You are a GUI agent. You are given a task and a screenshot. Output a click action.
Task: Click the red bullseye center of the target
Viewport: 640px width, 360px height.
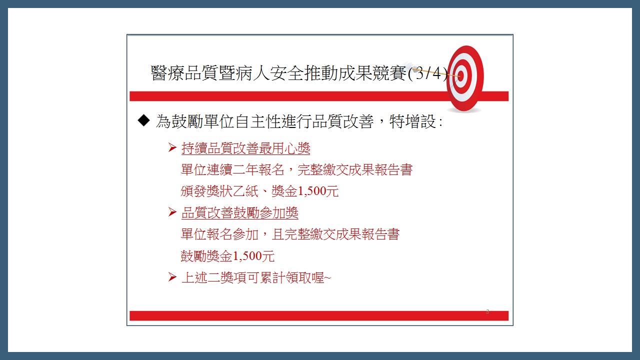(x=460, y=76)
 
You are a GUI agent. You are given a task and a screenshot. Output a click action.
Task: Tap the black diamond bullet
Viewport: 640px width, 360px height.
(x=143, y=120)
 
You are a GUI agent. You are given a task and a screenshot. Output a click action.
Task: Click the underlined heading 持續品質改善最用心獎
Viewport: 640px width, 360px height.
(x=245, y=148)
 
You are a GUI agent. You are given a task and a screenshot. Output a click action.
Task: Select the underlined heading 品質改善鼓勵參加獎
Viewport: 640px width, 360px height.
(x=239, y=213)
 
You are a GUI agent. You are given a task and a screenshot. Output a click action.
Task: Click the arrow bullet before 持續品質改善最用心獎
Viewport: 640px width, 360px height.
(x=172, y=147)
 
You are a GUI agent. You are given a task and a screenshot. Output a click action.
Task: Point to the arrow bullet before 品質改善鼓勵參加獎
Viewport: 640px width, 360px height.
(x=172, y=212)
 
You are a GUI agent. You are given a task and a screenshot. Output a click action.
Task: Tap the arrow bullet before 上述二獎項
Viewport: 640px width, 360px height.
(x=172, y=277)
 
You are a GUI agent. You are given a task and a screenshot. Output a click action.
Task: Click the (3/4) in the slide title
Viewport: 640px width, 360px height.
(x=427, y=73)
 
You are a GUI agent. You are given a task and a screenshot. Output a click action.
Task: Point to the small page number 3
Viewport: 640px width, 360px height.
(x=487, y=311)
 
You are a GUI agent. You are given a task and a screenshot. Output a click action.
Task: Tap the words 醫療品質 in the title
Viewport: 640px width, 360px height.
(x=184, y=73)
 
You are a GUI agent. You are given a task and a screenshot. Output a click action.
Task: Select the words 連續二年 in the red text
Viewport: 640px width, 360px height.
(x=233, y=169)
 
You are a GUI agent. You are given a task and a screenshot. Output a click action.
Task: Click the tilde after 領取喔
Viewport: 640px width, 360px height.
(x=327, y=277)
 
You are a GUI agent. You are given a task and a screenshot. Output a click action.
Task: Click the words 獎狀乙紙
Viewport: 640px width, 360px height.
(x=233, y=191)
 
